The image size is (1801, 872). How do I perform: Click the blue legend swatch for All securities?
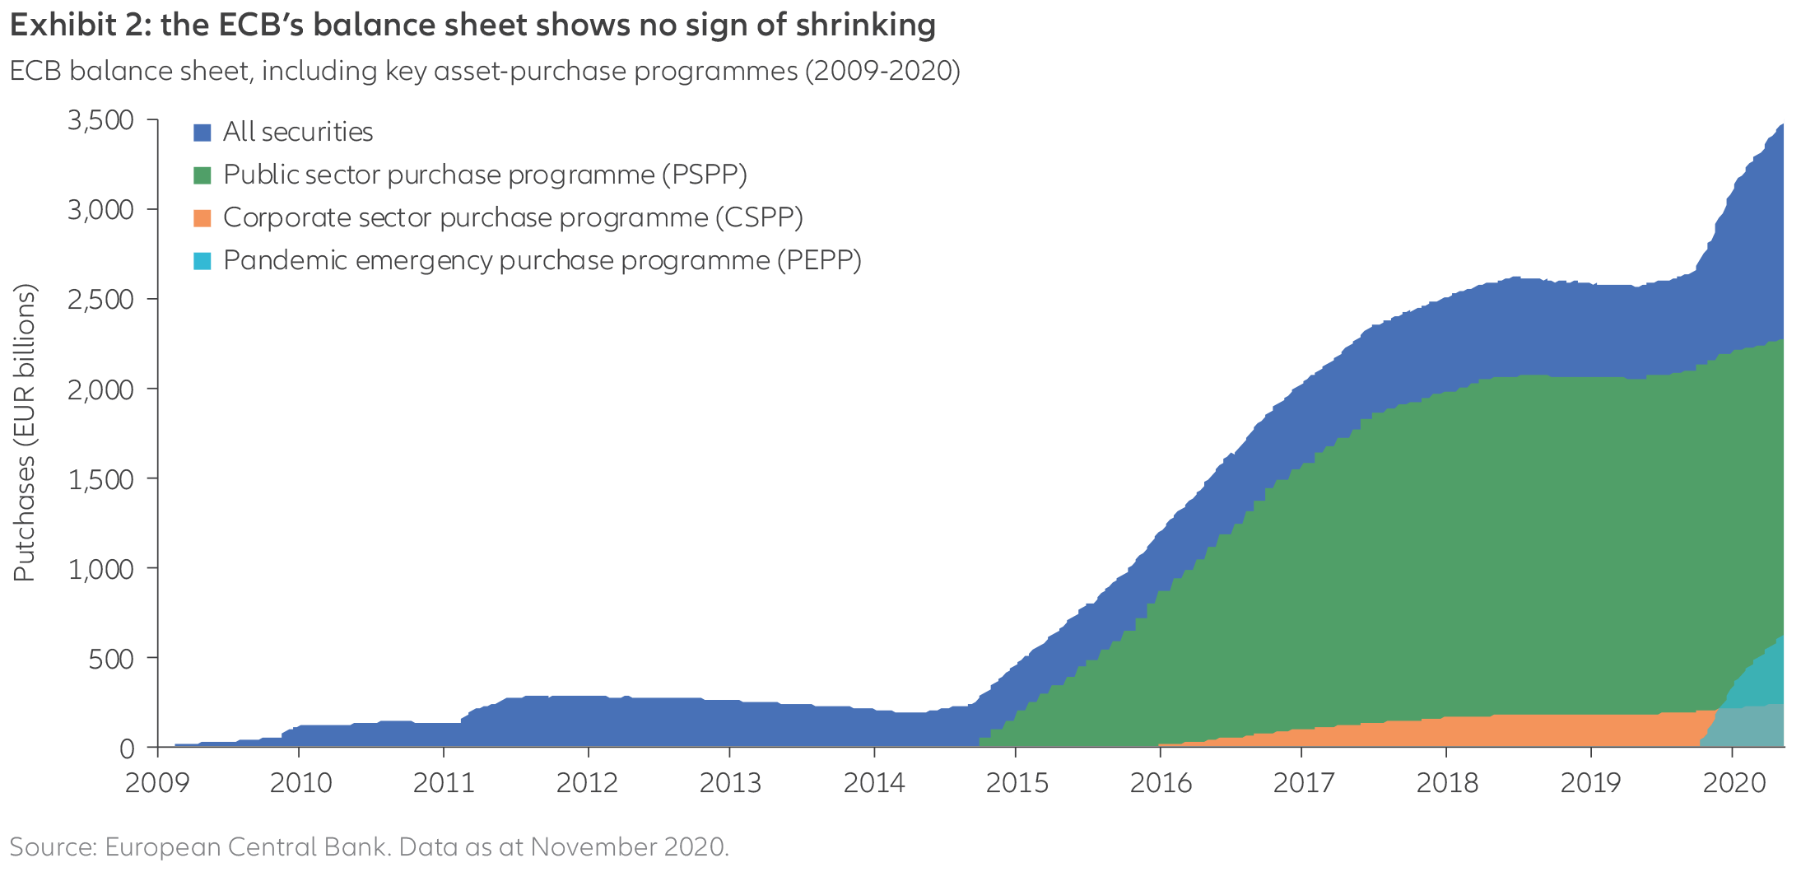pyautogui.click(x=202, y=133)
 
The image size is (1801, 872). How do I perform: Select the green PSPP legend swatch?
pyautogui.click(x=202, y=175)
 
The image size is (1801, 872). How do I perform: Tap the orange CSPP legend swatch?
pyautogui.click(x=202, y=218)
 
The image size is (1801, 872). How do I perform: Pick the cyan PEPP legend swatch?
pyautogui.click(x=202, y=261)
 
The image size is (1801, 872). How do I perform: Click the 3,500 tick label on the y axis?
pyautogui.click(x=100, y=120)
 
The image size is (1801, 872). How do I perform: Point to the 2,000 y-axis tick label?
pyautogui.click(x=100, y=389)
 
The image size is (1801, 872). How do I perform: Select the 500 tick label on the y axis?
pyautogui.click(x=111, y=658)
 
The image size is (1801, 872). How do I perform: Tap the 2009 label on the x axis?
pyautogui.click(x=156, y=782)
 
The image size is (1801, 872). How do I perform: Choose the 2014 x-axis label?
pyautogui.click(x=874, y=782)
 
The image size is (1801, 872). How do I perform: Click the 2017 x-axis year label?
pyautogui.click(x=1304, y=782)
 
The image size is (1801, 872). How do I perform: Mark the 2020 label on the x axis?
pyautogui.click(x=1734, y=782)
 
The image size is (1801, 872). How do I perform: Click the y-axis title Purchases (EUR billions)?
pyautogui.click(x=26, y=432)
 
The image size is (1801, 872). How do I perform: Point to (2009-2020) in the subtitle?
pyautogui.click(x=882, y=72)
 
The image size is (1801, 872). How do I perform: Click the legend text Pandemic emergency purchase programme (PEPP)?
pyautogui.click(x=542, y=261)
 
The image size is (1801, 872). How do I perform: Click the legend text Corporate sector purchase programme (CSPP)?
pyautogui.click(x=513, y=218)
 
